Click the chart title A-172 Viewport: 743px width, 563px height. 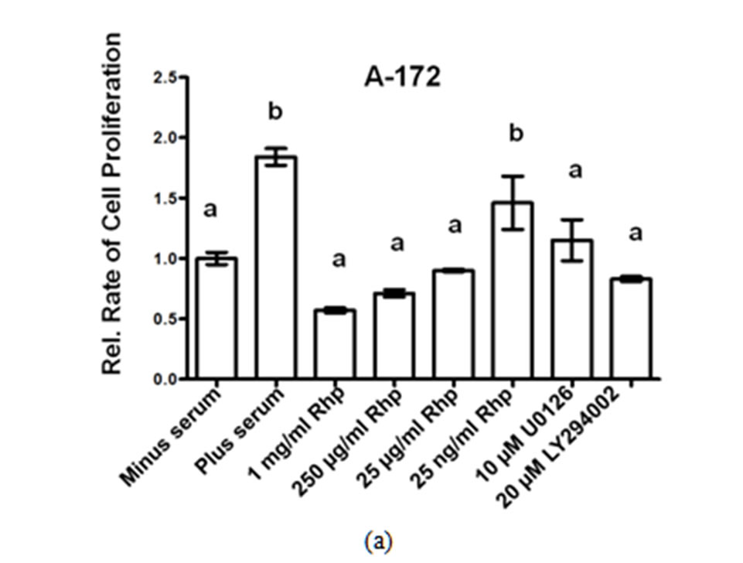click(x=402, y=77)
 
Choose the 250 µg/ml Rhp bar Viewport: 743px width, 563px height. click(x=394, y=336)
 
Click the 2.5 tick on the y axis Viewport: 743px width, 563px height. click(x=164, y=77)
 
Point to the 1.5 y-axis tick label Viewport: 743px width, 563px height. click(x=164, y=198)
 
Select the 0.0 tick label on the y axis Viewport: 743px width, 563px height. click(x=164, y=379)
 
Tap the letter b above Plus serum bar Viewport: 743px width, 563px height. click(x=275, y=112)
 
